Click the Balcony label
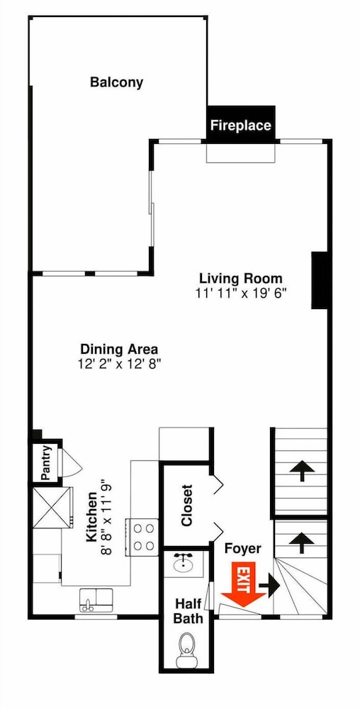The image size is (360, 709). click(x=116, y=83)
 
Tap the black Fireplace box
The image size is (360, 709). click(x=241, y=125)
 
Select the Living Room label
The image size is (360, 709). click(x=241, y=278)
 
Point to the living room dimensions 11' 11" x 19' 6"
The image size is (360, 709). click(x=241, y=293)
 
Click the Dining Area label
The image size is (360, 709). click(x=119, y=349)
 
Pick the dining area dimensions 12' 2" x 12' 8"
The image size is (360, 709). click(x=119, y=364)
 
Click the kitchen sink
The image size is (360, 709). click(x=96, y=600)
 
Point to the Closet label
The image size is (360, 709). click(x=186, y=506)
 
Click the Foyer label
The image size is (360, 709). click(x=243, y=549)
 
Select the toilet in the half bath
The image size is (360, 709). click(x=186, y=649)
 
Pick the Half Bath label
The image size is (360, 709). click(x=189, y=610)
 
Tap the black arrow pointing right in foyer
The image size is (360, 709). click(x=270, y=586)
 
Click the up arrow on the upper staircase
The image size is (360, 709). click(x=302, y=472)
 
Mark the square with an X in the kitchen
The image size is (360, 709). click(x=52, y=508)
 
